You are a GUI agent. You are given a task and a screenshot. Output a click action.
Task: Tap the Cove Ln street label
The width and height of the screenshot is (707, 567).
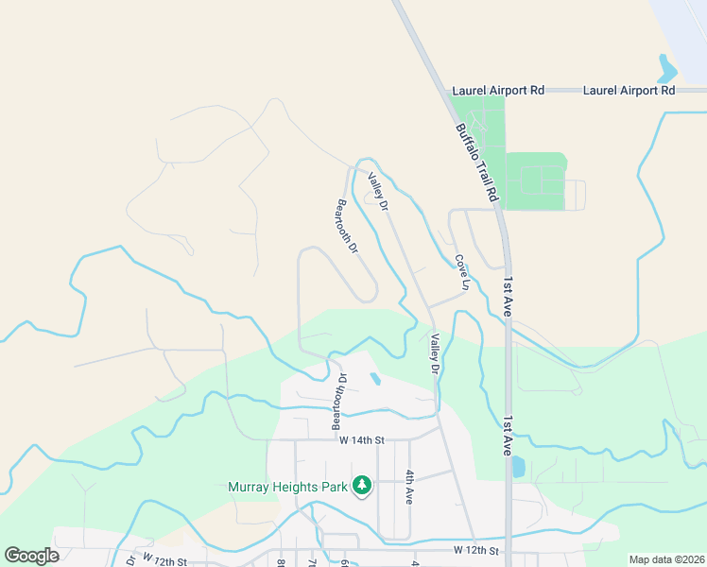(462, 272)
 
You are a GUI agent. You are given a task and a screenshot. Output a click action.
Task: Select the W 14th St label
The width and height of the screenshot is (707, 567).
(362, 440)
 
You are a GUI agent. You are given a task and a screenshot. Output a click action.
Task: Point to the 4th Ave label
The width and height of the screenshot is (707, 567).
(410, 487)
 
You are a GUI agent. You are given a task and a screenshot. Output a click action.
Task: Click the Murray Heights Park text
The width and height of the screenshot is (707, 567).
(287, 488)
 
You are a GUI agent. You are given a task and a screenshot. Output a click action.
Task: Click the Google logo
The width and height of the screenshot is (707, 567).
(31, 556)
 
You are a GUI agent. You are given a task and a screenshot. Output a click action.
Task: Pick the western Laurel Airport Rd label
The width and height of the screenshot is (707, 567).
(498, 91)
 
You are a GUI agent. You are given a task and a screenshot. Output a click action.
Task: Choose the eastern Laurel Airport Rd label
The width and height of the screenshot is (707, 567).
(629, 91)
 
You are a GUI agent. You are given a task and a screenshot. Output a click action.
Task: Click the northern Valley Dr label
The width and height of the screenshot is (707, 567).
(379, 190)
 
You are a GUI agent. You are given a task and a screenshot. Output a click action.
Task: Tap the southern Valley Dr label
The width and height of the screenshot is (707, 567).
(435, 353)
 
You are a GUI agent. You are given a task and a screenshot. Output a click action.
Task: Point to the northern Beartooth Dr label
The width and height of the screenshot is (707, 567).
(347, 226)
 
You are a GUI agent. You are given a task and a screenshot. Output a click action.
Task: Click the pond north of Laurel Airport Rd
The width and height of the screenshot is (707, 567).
(667, 68)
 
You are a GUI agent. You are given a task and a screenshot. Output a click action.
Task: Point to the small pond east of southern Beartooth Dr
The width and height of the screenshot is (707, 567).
(376, 380)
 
